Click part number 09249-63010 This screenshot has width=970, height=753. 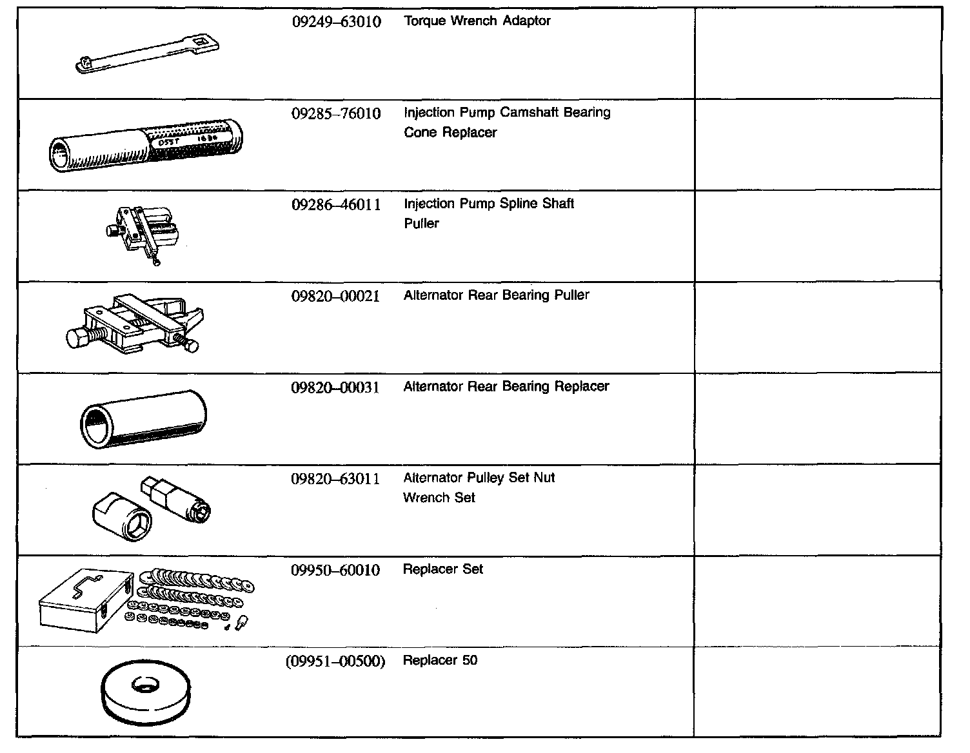(336, 22)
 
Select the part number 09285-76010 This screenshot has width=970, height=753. (336, 113)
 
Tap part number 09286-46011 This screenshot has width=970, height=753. (336, 205)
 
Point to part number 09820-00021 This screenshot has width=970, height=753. (335, 297)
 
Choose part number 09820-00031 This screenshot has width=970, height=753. (335, 388)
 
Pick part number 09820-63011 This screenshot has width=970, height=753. (335, 479)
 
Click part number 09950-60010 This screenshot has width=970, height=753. (335, 571)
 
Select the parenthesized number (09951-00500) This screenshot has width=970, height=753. (335, 661)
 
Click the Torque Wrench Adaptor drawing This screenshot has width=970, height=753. (148, 55)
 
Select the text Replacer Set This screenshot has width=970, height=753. (442, 569)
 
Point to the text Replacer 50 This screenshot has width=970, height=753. (440, 660)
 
